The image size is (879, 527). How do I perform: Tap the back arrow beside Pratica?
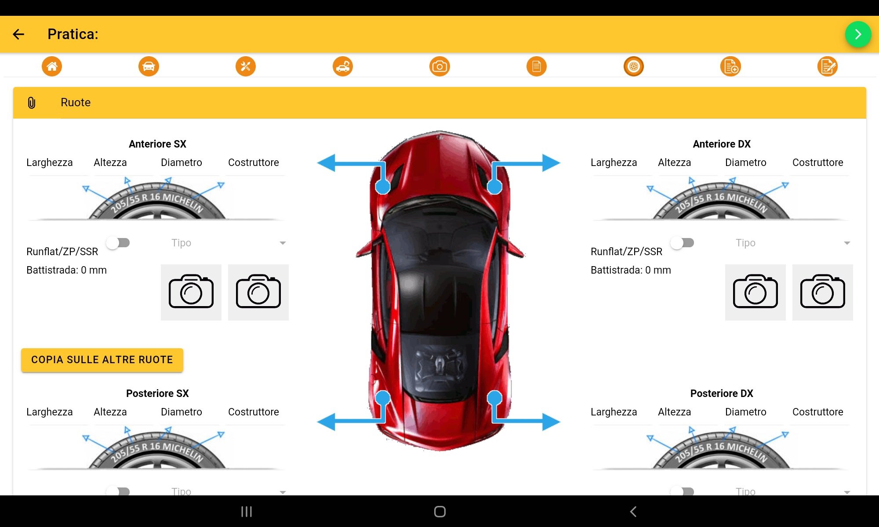click(18, 34)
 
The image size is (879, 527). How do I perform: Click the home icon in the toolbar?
click(52, 66)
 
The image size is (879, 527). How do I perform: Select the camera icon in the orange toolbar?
click(439, 66)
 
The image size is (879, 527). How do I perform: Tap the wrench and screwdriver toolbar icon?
click(246, 66)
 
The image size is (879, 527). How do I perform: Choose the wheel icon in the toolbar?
click(634, 66)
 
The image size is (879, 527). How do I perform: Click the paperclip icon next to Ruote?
click(32, 103)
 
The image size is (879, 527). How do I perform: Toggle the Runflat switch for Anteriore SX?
click(118, 243)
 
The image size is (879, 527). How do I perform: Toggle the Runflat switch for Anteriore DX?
click(682, 243)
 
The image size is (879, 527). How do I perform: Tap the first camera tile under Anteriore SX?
click(191, 292)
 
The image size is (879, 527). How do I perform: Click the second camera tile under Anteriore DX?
click(823, 292)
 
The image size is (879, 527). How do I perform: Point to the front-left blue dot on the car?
click(383, 187)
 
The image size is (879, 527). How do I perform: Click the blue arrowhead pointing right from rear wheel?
click(551, 422)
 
